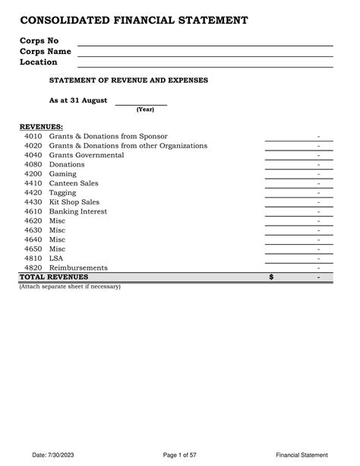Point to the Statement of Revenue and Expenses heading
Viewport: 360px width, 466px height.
(x=128, y=80)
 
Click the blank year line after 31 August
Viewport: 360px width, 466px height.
(x=140, y=103)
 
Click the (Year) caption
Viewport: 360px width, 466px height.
(x=146, y=109)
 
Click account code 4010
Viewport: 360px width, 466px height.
(x=33, y=135)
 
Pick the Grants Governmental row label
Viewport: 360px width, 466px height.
(x=87, y=155)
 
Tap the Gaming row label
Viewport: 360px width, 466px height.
(x=63, y=174)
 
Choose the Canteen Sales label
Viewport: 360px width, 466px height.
(x=74, y=183)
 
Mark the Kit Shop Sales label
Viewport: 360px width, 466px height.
(x=74, y=202)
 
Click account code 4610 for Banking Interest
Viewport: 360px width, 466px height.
(x=33, y=211)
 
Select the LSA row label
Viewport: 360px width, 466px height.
(x=56, y=258)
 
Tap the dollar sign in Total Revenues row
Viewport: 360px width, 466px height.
(x=271, y=277)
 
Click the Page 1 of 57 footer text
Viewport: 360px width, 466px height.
(x=180, y=455)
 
